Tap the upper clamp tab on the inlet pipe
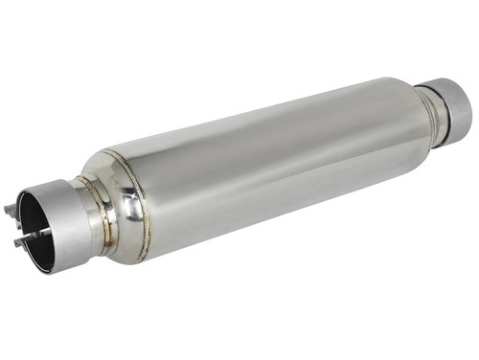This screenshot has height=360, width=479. pyautogui.click(x=11, y=207)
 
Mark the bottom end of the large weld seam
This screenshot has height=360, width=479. pyautogui.click(x=144, y=257)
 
